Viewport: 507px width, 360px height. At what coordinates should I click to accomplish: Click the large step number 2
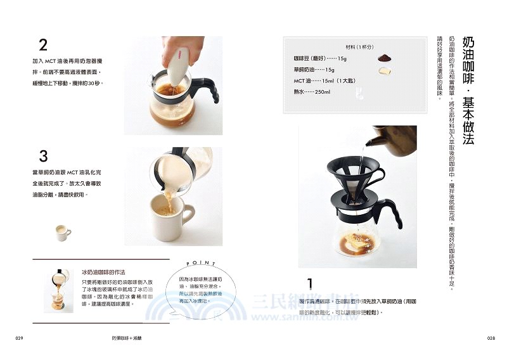43,45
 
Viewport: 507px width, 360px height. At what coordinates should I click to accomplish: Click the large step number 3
43,156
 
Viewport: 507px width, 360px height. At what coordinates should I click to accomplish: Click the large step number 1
310,283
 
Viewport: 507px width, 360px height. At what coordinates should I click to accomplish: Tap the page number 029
19,339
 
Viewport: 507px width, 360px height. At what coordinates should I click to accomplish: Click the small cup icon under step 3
62,233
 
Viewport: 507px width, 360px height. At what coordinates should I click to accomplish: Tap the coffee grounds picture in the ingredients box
384,58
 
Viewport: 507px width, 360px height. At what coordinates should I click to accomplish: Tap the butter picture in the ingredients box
384,70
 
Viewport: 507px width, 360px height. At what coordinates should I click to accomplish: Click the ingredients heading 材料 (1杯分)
359,48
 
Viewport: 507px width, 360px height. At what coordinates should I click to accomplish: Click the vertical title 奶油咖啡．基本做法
468,89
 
